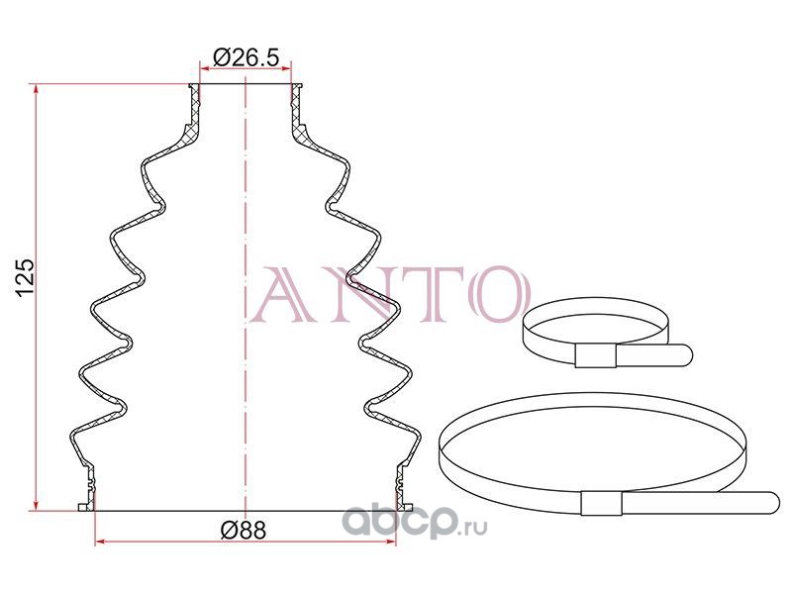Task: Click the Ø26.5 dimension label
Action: (x=246, y=57)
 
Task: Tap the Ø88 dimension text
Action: (x=244, y=530)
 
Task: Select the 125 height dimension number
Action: (x=25, y=278)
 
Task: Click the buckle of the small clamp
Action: (x=596, y=356)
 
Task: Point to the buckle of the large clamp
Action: (x=601, y=503)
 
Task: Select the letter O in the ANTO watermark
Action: (x=496, y=293)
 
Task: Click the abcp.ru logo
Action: (x=415, y=523)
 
